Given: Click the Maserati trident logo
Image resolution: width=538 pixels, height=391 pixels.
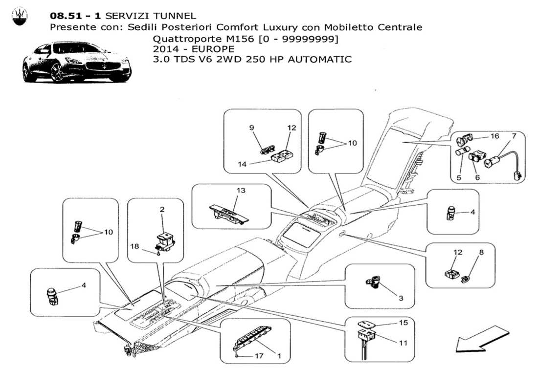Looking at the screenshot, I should (x=19, y=18).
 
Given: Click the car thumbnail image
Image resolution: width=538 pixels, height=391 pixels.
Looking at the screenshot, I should (x=77, y=63).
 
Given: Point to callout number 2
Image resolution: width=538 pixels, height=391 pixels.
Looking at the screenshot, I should (x=162, y=209).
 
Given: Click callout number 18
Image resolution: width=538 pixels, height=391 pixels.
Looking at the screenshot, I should (x=134, y=247).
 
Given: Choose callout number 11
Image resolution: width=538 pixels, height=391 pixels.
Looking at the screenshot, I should (x=403, y=343).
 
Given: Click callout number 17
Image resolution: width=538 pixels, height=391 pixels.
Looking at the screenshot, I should (x=259, y=356).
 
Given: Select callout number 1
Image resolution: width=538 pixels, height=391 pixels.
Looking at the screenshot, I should (x=279, y=356).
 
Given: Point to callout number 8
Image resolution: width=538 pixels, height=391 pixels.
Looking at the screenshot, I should (x=481, y=253).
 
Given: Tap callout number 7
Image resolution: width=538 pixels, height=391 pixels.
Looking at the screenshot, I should (x=514, y=135).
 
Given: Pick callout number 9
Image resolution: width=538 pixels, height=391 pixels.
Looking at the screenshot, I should (x=252, y=128).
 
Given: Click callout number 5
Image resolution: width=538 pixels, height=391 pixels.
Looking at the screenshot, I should (x=459, y=178).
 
